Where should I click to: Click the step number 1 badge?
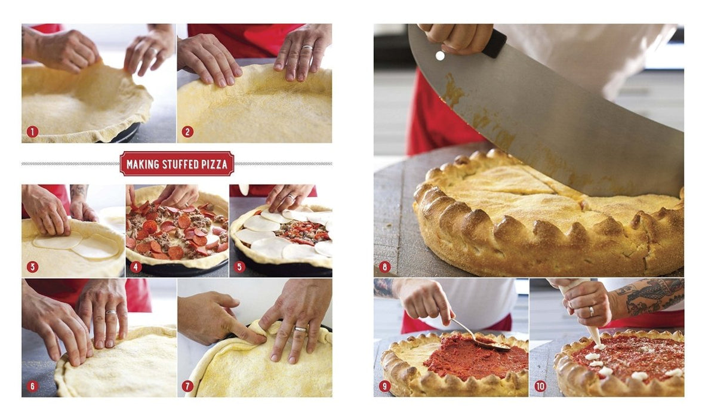(32, 131)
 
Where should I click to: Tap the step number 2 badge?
(187, 131)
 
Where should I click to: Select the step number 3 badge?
(32, 267)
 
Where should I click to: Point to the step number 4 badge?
(136, 267)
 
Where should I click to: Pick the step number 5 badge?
(239, 267)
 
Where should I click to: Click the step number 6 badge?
(32, 386)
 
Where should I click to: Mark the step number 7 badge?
(187, 386)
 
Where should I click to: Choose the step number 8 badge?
(384, 267)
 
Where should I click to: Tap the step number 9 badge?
(384, 386)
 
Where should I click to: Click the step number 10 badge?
(540, 386)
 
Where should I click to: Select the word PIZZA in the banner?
(214, 164)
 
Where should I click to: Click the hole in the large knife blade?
(440, 56)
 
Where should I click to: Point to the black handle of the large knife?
(496, 44)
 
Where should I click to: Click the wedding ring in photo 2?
(307, 48)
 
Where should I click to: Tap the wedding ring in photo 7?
(300, 330)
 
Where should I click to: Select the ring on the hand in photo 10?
(591, 311)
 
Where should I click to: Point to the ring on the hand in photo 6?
(111, 312)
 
